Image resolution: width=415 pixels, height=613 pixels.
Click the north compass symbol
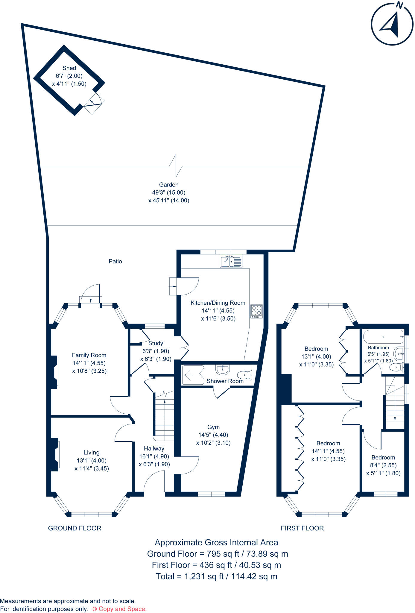[x=392, y=24]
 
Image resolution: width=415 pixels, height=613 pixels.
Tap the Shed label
[x=69, y=68]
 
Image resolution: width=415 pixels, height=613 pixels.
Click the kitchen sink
[x=231, y=261]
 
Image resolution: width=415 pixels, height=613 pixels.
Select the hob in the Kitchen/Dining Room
[x=256, y=311]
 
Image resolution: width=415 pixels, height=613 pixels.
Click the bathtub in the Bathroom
[x=383, y=337]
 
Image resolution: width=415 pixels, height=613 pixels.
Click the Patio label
[x=115, y=261]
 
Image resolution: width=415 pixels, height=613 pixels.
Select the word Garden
[x=169, y=185]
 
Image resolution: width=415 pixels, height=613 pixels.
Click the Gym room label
[x=213, y=427]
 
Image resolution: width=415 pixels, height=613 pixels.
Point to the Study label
[x=156, y=343]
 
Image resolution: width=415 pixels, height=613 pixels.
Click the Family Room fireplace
[x=54, y=372]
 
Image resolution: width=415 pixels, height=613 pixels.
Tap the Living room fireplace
[x=55, y=454]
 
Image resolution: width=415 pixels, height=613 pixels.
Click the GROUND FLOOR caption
[x=75, y=528]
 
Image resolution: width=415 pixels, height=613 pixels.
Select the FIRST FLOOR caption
[x=302, y=528]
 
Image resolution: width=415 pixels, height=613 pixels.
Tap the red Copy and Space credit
[x=119, y=609]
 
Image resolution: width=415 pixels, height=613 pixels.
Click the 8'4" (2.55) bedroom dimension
[x=383, y=465]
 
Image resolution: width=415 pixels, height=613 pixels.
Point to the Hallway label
[x=154, y=448]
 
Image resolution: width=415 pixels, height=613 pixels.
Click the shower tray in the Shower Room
[x=193, y=374]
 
